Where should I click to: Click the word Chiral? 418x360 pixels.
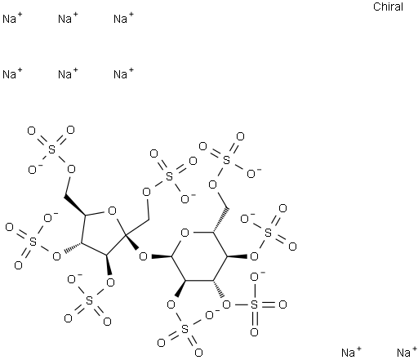[388, 7]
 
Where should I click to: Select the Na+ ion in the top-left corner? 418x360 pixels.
[12, 19]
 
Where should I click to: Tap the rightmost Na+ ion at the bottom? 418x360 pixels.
[407, 353]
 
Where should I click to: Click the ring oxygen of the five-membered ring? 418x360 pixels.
[112, 211]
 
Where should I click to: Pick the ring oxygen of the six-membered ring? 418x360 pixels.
[185, 233]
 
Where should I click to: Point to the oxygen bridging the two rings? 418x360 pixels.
[143, 256]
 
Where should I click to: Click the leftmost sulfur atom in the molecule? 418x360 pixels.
[33, 242]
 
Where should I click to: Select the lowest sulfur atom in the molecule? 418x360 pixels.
[185, 329]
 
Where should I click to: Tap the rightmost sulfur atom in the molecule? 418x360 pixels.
[268, 233]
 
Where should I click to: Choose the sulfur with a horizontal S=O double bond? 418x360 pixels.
[254, 304]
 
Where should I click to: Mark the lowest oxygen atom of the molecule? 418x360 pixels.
[198, 353]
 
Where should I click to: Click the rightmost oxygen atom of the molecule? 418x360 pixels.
[292, 247]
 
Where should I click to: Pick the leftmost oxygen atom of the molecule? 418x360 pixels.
[10, 227]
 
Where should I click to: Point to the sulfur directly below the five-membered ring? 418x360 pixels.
[89, 301]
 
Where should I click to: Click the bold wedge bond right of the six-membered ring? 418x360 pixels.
[237, 256]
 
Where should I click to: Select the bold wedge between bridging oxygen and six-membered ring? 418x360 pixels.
[162, 256]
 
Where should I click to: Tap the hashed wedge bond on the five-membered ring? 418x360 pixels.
[72, 247]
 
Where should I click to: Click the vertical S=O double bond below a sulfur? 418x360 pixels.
[255, 318]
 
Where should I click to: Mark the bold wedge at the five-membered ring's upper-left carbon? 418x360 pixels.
[75, 206]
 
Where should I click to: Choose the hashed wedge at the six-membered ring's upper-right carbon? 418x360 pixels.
[220, 220]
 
